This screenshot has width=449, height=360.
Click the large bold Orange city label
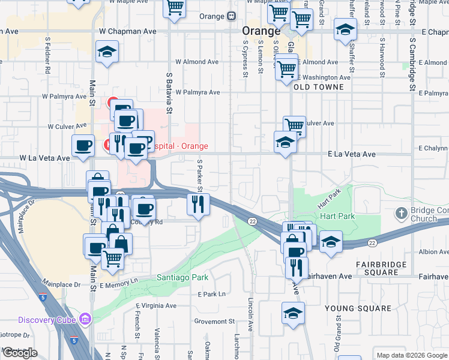[x=261, y=31]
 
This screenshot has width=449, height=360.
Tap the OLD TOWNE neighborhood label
[x=319, y=87]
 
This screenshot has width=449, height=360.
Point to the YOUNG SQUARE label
[x=358, y=308]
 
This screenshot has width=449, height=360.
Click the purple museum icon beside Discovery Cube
[x=85, y=319]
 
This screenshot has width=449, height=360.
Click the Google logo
[x=20, y=353]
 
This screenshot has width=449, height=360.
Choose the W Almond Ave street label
[x=197, y=62]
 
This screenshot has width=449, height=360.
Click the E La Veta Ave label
[x=352, y=154]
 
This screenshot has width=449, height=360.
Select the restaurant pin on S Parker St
[x=197, y=205]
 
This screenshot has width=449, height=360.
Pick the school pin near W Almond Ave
[x=107, y=52]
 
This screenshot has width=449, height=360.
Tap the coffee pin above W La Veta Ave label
[x=83, y=145]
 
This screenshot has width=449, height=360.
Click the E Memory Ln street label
[x=118, y=280]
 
